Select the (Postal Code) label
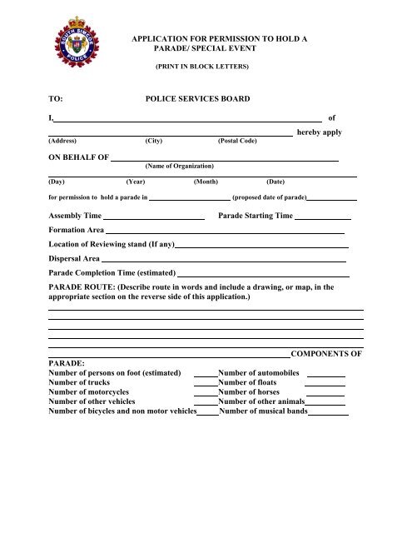coord(237,142)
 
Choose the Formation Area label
coord(77,230)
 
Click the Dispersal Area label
coord(74,260)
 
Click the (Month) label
coord(206,181)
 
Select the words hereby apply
coord(320,132)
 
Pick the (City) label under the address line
coord(153,142)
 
